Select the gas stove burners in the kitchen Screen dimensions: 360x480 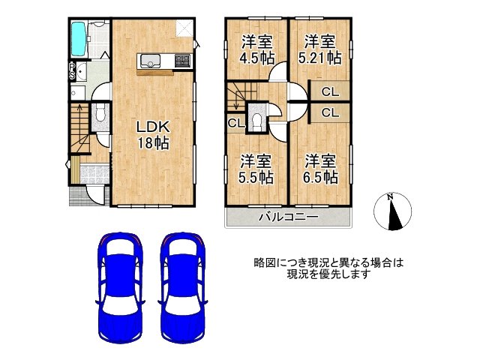pos(181,60)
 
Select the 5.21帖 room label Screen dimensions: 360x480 pos(321,49)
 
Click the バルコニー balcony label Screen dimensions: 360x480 pos(289,217)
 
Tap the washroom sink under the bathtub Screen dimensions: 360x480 pos(81,70)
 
